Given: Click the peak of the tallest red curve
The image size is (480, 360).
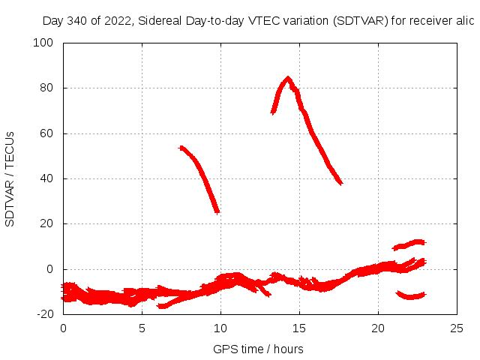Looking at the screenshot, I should [287, 78].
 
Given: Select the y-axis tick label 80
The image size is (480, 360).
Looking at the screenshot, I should [48, 88].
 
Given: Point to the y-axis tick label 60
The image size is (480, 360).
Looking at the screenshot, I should [48, 133].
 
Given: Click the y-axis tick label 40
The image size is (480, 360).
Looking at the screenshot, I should [48, 178].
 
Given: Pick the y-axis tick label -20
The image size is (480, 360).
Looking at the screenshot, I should [46, 314].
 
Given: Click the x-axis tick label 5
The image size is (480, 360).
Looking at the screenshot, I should [142, 328].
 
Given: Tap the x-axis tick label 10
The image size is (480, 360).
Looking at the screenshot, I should [220, 328].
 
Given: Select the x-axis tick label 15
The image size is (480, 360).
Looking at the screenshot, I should [299, 328].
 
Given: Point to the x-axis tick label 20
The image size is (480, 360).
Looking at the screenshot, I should [378, 328].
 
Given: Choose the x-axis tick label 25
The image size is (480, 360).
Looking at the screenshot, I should [457, 328].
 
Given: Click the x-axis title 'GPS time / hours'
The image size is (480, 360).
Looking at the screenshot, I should [258, 349].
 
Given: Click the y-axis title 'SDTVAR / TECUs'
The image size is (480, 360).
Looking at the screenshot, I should [10, 178].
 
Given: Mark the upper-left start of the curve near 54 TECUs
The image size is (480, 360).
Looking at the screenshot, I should [181, 148].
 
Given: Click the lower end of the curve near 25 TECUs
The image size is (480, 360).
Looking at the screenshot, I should [217, 211].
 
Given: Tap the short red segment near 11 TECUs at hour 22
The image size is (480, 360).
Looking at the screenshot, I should [410, 244].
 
